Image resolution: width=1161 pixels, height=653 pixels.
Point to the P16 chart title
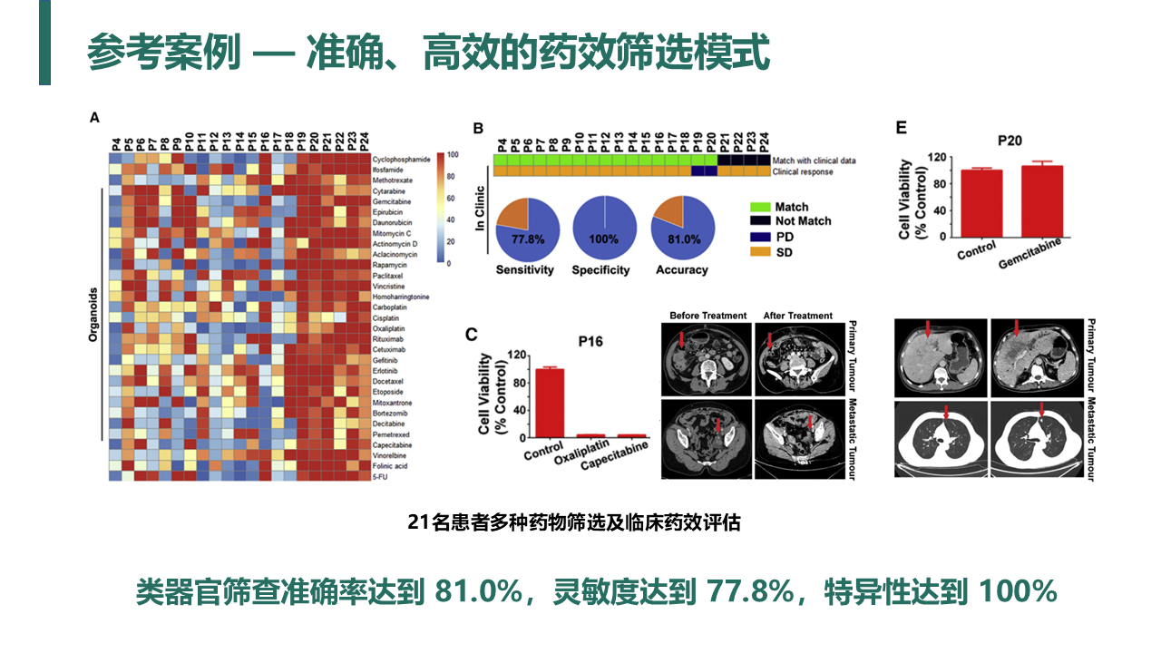590,342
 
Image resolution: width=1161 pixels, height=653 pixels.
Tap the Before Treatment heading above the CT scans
708,316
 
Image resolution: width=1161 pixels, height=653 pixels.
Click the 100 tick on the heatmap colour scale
454,155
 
